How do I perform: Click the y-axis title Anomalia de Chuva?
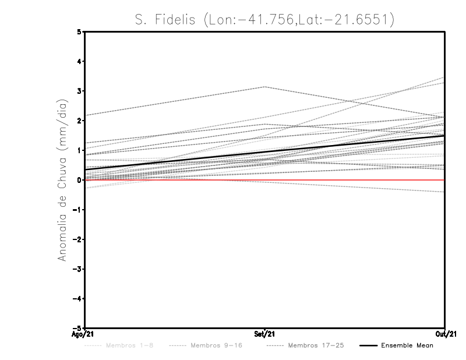pos(62,180)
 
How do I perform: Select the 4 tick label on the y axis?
pos(79,61)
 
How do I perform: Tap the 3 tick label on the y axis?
pos(79,91)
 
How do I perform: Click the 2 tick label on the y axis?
pos(79,121)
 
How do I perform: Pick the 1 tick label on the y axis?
pos(79,150)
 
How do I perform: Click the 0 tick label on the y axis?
pos(79,180)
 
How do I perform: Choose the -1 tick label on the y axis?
pos(77,210)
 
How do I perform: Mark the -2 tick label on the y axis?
pos(77,239)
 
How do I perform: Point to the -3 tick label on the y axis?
pos(77,269)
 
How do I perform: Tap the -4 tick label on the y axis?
pos(77,299)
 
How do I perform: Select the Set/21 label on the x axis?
pos(265,335)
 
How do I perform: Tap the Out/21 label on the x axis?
pos(444,335)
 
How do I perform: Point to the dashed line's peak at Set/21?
pos(265,87)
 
